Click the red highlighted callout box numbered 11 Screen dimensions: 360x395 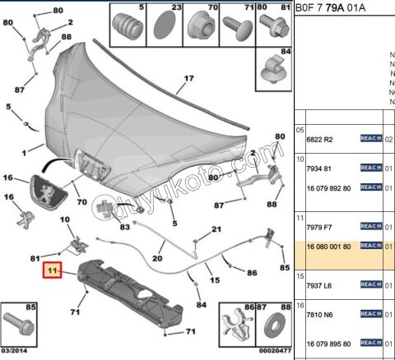point(53,270)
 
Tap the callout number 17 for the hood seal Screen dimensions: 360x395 point(188,78)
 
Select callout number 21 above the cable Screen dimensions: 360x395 point(216,229)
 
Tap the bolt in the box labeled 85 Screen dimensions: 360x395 point(18,327)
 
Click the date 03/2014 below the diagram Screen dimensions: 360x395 point(16,351)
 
